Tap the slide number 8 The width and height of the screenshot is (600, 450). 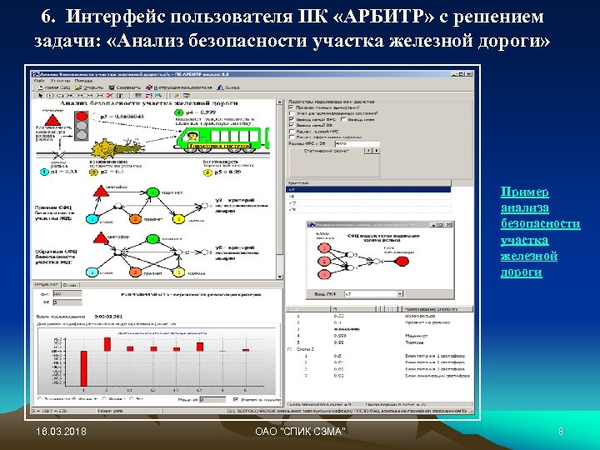pyautogui.click(x=561, y=431)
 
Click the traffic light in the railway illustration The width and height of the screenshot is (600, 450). pyautogui.click(x=82, y=124)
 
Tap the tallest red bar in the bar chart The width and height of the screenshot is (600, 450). pyautogui.click(x=200, y=346)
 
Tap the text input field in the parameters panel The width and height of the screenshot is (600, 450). pyautogui.click(x=354, y=144)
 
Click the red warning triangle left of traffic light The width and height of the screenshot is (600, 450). pyautogui.click(x=52, y=120)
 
